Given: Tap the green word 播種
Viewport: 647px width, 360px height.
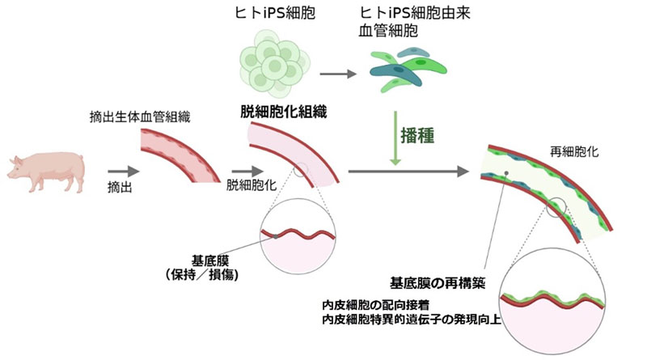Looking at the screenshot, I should [x=421, y=135].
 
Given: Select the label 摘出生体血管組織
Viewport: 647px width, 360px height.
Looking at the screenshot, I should [x=134, y=116].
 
